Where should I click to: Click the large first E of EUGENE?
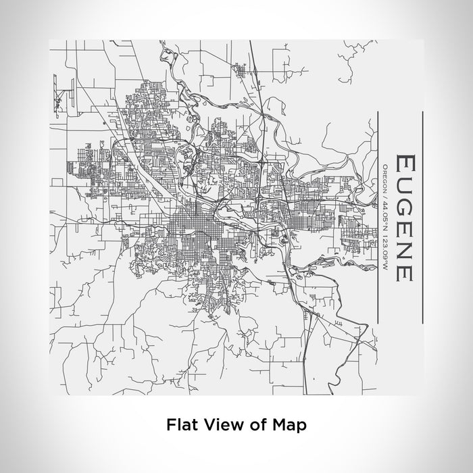(404, 164)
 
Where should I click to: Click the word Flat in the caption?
(179, 425)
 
